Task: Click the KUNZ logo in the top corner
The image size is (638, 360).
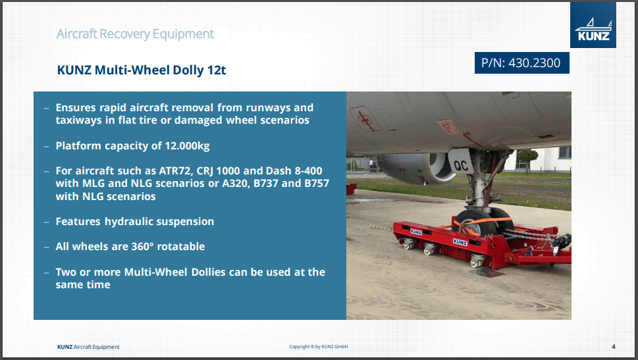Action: pos(593,25)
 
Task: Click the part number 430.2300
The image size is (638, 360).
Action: pos(534,63)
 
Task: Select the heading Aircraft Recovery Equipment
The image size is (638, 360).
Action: pos(135,34)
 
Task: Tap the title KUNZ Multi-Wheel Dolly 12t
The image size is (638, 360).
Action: pos(141,70)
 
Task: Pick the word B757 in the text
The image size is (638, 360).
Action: pos(317,184)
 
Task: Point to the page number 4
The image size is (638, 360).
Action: pos(613,347)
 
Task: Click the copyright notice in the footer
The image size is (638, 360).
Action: pos(318,347)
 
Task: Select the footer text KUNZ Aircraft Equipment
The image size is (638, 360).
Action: pos(88,347)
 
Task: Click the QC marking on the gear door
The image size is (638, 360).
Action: pos(461,165)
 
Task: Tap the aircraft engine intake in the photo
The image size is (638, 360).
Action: pos(442,167)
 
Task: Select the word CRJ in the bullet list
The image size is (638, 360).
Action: pos(205,171)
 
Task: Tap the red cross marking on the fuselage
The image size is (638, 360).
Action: pos(365,118)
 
